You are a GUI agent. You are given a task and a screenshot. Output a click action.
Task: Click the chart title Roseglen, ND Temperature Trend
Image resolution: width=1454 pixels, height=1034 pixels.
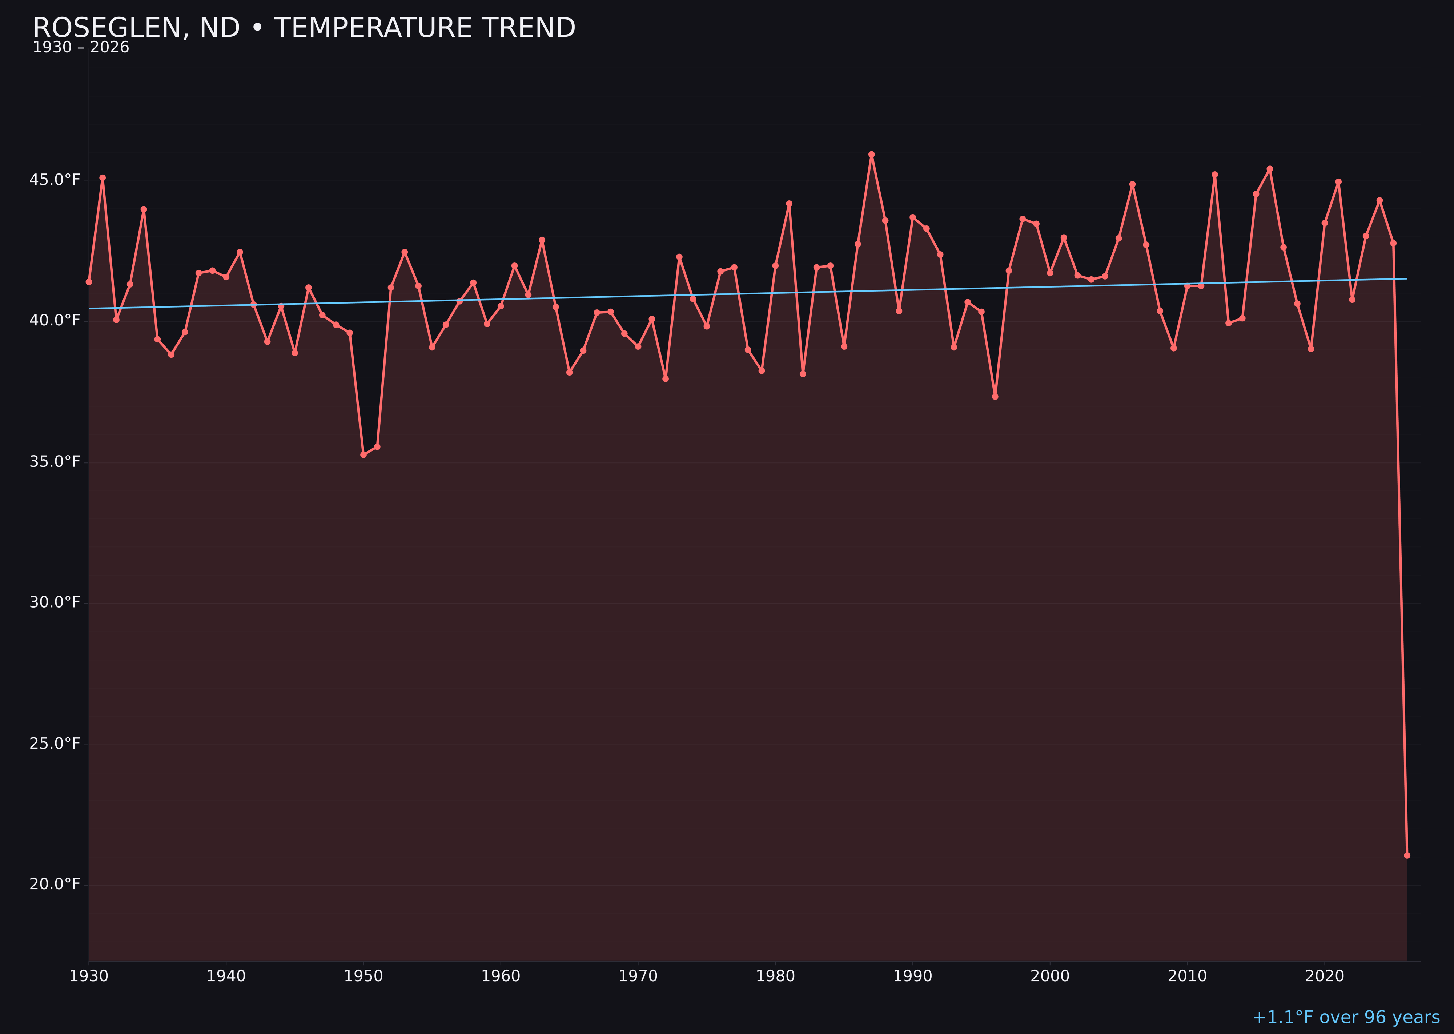304,28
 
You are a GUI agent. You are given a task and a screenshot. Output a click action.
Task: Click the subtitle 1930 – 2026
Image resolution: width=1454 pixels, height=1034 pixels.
81,48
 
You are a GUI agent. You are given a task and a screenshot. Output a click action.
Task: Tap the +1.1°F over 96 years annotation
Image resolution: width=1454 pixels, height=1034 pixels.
1345,1017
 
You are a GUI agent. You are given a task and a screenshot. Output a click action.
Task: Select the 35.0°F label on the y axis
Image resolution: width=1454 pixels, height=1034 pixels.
55,462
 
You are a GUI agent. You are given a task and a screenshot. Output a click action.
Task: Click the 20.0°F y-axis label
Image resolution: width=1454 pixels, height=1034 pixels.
55,884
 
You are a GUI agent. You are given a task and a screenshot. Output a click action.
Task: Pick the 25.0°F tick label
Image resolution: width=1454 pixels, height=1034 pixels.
55,743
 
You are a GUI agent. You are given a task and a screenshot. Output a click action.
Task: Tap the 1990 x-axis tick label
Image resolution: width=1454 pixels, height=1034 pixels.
912,976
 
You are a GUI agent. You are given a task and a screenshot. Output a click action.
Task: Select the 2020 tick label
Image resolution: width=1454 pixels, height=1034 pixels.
1324,976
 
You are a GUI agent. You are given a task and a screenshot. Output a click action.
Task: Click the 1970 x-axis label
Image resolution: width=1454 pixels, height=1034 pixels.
638,976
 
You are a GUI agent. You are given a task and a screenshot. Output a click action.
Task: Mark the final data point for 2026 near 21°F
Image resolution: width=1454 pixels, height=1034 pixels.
1407,855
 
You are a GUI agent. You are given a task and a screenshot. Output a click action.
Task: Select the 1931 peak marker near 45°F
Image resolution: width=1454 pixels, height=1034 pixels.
103,178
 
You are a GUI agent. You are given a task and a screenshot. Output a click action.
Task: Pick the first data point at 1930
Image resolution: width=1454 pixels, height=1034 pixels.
88,281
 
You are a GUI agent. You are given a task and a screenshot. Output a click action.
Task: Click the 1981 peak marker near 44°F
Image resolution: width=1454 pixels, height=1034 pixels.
789,204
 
